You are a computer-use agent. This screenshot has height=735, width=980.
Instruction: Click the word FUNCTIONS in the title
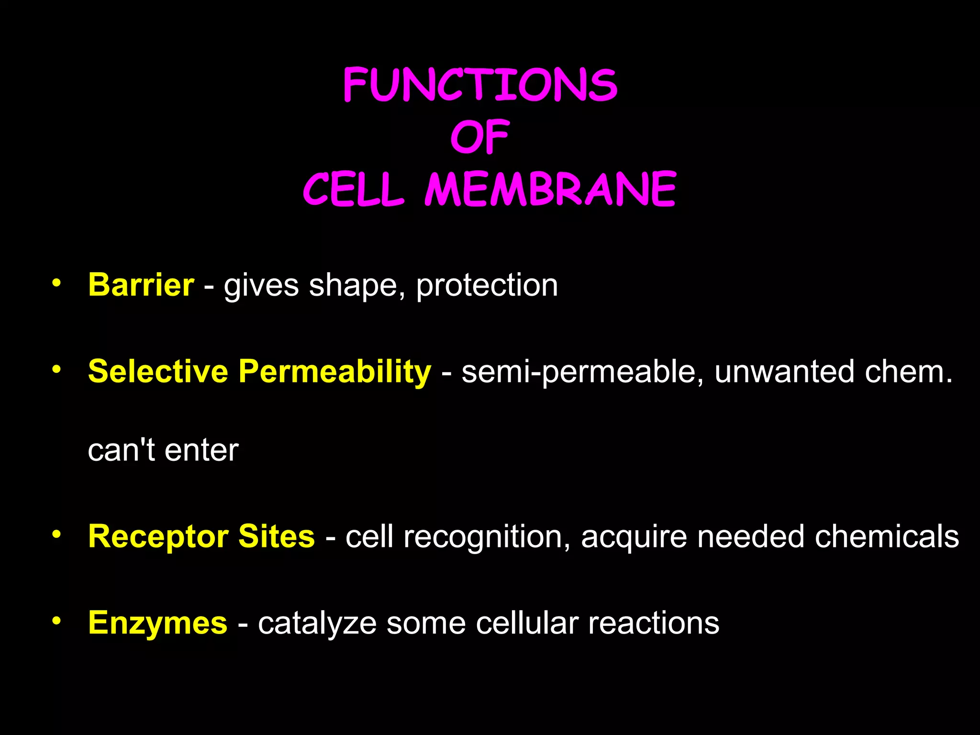point(480,85)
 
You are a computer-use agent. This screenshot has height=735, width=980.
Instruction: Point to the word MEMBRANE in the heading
point(550,189)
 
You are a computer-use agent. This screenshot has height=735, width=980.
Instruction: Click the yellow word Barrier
point(141,285)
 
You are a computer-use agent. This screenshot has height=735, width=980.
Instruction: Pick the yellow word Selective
point(158,371)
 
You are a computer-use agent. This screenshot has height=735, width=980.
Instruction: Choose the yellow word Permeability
point(335,372)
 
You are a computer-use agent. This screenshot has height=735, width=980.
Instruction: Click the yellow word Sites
point(277,536)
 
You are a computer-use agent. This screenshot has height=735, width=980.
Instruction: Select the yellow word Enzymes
point(158,624)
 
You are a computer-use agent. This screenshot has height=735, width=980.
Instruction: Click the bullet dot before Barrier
point(56,283)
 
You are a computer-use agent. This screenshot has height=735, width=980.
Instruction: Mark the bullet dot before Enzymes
point(56,621)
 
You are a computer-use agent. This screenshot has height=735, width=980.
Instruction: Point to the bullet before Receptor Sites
point(56,534)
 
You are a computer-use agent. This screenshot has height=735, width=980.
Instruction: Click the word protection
point(487,286)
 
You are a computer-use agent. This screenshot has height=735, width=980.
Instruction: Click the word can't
point(122,450)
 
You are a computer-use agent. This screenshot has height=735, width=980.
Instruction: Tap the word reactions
point(654,623)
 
